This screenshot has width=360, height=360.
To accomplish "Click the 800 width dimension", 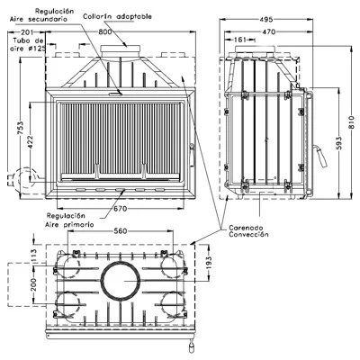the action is tap(105, 31).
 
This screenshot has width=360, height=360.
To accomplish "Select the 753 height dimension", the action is tap(20, 127).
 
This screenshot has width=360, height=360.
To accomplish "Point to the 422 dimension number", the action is tap(31, 142).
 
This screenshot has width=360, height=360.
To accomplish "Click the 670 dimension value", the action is tap(120, 209).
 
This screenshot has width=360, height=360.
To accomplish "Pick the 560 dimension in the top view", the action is tap(121, 230).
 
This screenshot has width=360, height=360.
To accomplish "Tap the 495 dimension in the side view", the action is tap(266, 20).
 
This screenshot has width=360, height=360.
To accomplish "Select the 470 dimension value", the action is tap(268, 31).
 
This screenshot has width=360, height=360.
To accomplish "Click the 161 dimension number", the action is tap(239, 40).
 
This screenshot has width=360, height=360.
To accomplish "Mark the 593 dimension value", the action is tap(339, 143).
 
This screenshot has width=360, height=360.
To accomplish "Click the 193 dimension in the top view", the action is tap(209, 262).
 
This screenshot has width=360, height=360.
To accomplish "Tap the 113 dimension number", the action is tap(33, 256).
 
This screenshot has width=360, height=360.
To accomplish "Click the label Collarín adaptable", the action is tap(117, 16).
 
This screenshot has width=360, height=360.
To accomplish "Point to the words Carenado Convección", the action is tap(248, 231).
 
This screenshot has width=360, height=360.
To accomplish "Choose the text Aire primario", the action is tap(69, 224).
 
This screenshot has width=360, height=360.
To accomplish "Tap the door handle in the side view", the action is tap(320, 157).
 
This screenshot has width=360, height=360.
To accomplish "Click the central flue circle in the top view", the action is tap(121, 262).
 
